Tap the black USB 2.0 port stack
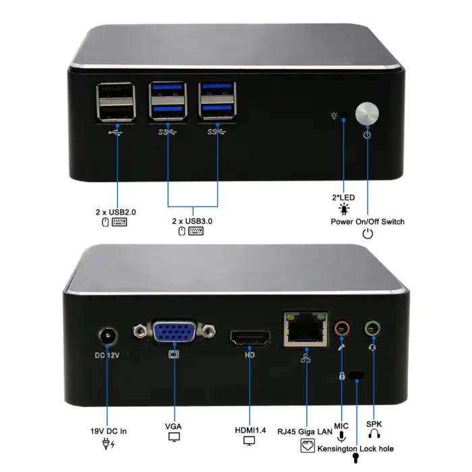click(x=115, y=101)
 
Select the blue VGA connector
click(x=175, y=334)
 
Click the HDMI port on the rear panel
click(x=249, y=337)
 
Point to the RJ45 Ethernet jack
click(x=306, y=329)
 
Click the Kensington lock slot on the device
click(x=357, y=374)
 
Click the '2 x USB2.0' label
click(x=115, y=212)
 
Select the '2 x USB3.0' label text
click(x=192, y=220)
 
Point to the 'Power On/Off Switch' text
click(x=367, y=221)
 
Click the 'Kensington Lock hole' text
click(x=356, y=448)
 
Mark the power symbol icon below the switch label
click(x=367, y=234)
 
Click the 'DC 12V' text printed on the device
click(x=107, y=355)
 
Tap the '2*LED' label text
click(x=344, y=198)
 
